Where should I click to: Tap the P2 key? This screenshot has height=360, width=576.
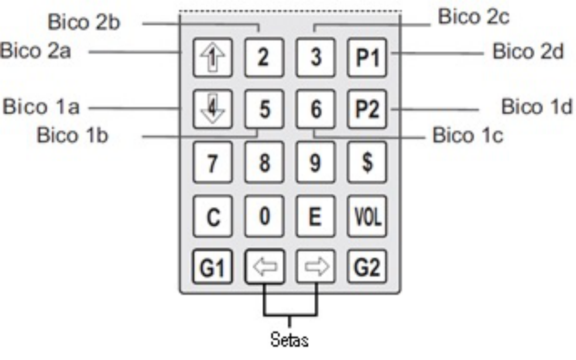pos(367,109)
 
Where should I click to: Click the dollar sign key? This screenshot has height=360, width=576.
pos(367,162)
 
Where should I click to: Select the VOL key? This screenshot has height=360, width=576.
pos(367,216)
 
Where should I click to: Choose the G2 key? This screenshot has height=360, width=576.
pos(367,267)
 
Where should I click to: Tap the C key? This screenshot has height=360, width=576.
pos(212,216)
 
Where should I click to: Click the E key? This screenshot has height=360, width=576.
pos(315,216)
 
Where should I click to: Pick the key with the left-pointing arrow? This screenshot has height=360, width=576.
pos(264,267)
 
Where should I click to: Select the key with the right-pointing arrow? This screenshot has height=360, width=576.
pos(315,267)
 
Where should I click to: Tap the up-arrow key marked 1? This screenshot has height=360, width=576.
pos(212,57)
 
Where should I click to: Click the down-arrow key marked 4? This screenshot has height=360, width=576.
pos(212,109)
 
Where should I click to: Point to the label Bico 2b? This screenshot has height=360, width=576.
pos(84,22)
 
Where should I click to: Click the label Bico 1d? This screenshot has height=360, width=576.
pos(537,107)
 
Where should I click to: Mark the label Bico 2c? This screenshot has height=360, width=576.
pos(474,17)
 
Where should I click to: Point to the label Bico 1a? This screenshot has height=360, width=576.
pos(41,107)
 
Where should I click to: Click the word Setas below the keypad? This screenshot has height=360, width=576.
pos(289,340)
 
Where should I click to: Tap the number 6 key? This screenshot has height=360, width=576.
pos(315,109)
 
